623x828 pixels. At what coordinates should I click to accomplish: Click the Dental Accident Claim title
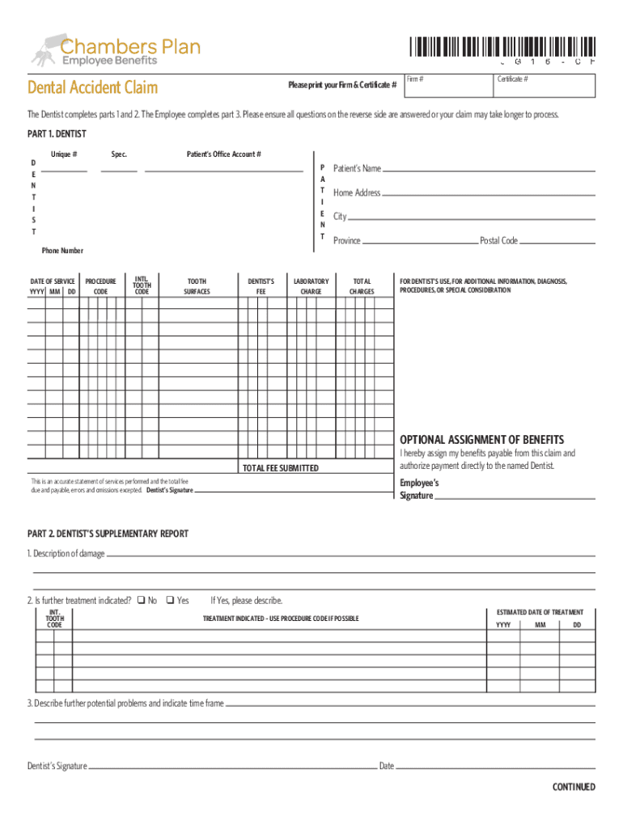(92, 87)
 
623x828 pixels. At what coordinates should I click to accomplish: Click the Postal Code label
(498, 241)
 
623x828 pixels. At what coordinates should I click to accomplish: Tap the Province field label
(347, 241)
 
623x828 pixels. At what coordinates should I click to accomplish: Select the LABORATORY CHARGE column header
(311, 286)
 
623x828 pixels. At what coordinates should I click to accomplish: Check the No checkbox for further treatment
(140, 600)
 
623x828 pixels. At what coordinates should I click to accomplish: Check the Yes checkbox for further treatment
(170, 600)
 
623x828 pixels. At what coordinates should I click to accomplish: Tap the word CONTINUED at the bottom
(574, 787)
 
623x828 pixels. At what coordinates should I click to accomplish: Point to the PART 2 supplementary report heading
(108, 534)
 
